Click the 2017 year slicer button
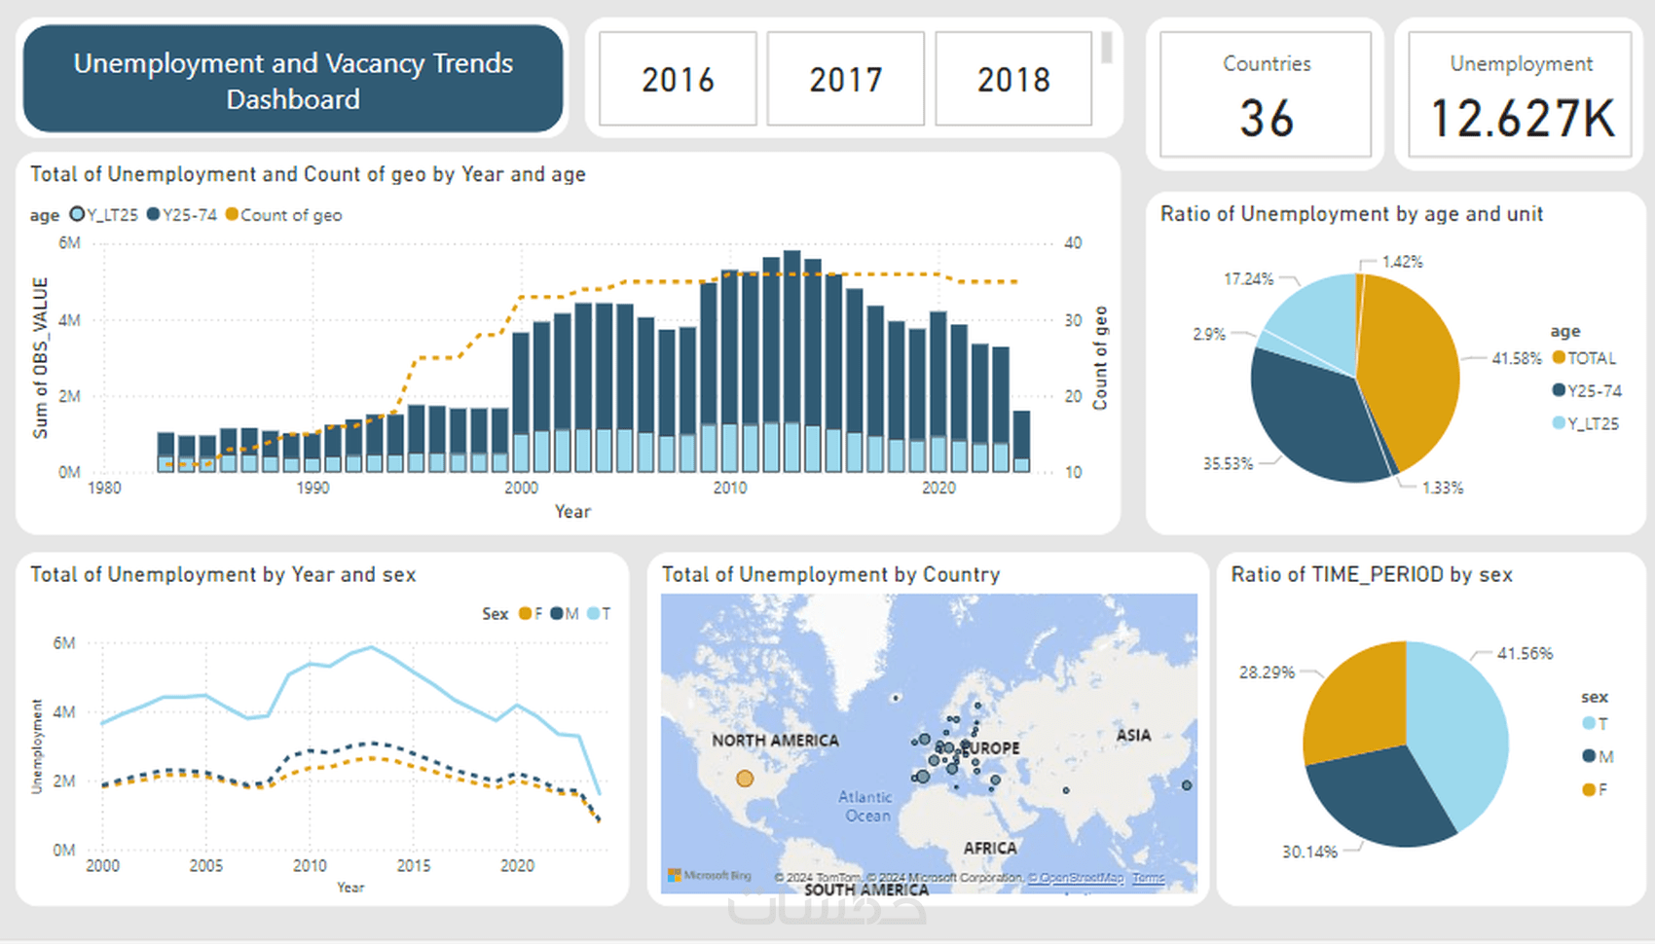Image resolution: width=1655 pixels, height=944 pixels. click(x=845, y=79)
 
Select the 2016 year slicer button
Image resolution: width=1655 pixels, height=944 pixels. click(x=678, y=79)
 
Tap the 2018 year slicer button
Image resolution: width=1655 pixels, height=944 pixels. click(x=1013, y=79)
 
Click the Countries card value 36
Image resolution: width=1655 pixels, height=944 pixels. click(x=1266, y=119)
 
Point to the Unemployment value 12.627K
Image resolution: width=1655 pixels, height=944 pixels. click(x=1522, y=119)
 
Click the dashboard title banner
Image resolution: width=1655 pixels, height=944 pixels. click(x=293, y=80)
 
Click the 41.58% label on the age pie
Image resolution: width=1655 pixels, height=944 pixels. click(x=1517, y=358)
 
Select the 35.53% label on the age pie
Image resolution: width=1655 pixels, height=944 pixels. click(x=1228, y=463)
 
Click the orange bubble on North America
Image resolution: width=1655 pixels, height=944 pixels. click(x=745, y=779)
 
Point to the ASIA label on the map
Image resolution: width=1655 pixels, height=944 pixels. click(x=1133, y=736)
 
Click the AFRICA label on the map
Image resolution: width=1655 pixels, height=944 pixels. click(x=990, y=848)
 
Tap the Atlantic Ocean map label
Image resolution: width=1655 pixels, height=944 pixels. click(x=865, y=806)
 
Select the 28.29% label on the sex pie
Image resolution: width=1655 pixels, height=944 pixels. click(x=1267, y=672)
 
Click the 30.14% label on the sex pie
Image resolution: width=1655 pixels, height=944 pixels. click(x=1309, y=852)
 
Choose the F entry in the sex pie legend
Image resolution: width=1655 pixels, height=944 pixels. click(x=1601, y=789)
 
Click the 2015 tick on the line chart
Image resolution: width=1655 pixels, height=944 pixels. click(x=414, y=865)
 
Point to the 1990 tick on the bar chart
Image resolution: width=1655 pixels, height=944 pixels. click(x=313, y=488)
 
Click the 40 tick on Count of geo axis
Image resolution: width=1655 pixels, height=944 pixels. click(x=1073, y=243)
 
